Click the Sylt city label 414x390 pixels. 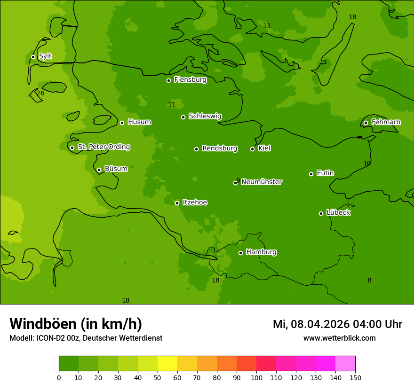pyautogui.click(x=45, y=56)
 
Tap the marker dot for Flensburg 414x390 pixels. pyautogui.click(x=168, y=80)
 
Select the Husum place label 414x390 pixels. pyautogui.click(x=139, y=122)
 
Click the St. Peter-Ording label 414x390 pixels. pyautogui.click(x=103, y=147)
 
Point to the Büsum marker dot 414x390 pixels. pyautogui.click(x=99, y=170)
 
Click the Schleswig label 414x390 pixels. pyautogui.click(x=205, y=116)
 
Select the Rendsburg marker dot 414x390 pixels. pyautogui.click(x=196, y=149)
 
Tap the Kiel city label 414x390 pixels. pyautogui.click(x=264, y=148)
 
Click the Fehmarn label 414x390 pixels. pyautogui.click(x=386, y=122)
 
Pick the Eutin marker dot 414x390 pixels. pyautogui.click(x=311, y=174)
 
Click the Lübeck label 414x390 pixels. pyautogui.click(x=338, y=212)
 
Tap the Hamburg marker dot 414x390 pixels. pyautogui.click(x=240, y=253)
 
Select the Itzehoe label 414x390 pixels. pyautogui.click(x=195, y=203)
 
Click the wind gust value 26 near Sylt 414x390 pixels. pyautogui.click(x=40, y=94)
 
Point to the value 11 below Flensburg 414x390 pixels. pyautogui.click(x=172, y=105)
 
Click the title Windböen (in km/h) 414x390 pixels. pyautogui.click(x=76, y=324)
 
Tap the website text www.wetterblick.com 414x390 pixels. pyautogui.click(x=339, y=338)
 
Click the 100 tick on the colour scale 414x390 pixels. pyautogui.click(x=256, y=377)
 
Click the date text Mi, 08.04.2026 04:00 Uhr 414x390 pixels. pyautogui.click(x=337, y=324)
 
